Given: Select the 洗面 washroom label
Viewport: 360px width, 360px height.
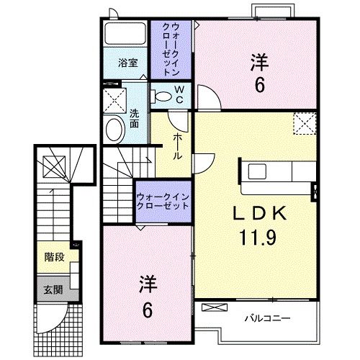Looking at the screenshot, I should [x=134, y=117].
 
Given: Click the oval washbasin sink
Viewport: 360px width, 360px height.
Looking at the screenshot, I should [x=114, y=130].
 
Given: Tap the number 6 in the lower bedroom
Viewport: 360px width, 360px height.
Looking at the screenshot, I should [x=148, y=310].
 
